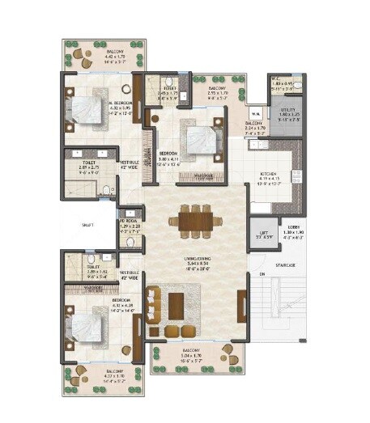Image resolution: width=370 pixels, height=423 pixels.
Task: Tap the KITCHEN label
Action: (270, 174)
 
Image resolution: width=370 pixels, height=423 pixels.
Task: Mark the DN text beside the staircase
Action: (262, 275)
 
